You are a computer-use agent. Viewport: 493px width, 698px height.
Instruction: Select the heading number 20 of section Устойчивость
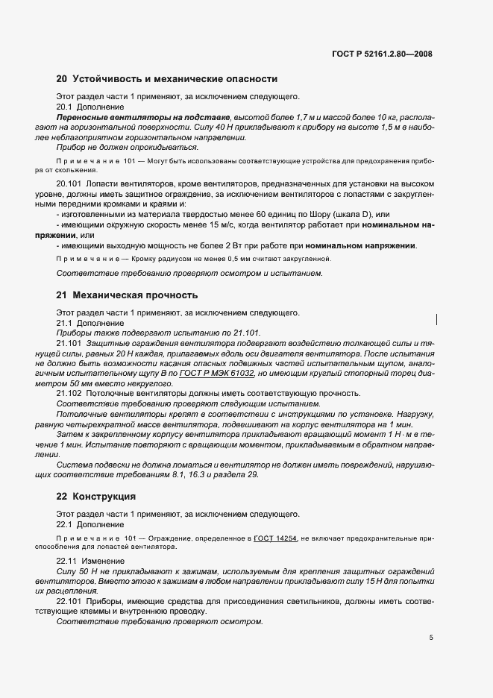(62, 78)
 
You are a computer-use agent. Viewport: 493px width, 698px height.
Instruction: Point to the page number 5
(431, 638)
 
